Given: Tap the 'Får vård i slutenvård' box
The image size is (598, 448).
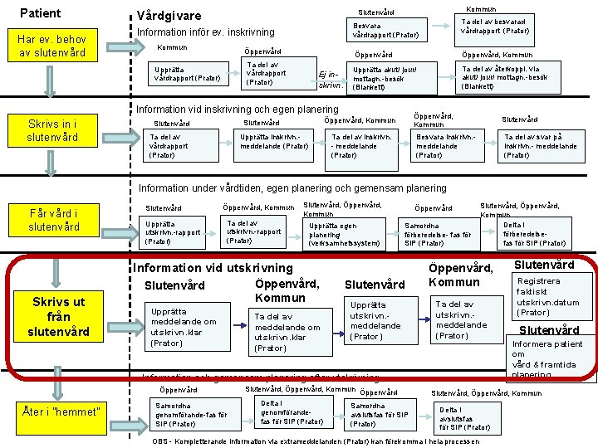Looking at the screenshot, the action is (x=55, y=220).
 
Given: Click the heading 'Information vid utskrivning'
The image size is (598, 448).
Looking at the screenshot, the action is (x=213, y=267).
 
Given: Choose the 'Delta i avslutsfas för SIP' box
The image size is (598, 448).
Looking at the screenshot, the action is (x=465, y=417).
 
